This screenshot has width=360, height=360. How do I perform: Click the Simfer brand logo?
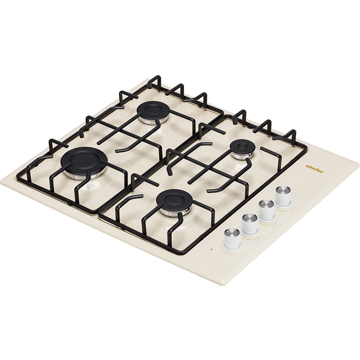click(315, 169)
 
